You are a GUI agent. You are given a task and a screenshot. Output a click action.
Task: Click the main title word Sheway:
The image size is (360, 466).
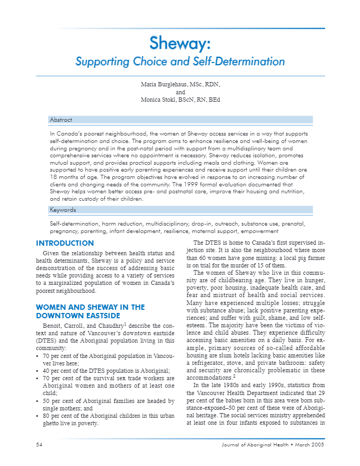[180, 42]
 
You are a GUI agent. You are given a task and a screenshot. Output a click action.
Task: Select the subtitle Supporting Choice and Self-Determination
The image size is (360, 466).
[180, 61]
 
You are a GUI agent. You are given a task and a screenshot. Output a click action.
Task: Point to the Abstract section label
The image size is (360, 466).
[61, 120]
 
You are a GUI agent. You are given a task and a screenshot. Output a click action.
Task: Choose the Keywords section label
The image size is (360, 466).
[63, 210]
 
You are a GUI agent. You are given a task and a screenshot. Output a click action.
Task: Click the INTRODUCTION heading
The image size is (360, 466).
[65, 244]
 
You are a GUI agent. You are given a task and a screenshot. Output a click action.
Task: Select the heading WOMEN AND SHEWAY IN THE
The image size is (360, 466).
[90, 307]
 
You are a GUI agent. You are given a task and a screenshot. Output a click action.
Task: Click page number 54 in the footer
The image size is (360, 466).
[39, 444]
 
